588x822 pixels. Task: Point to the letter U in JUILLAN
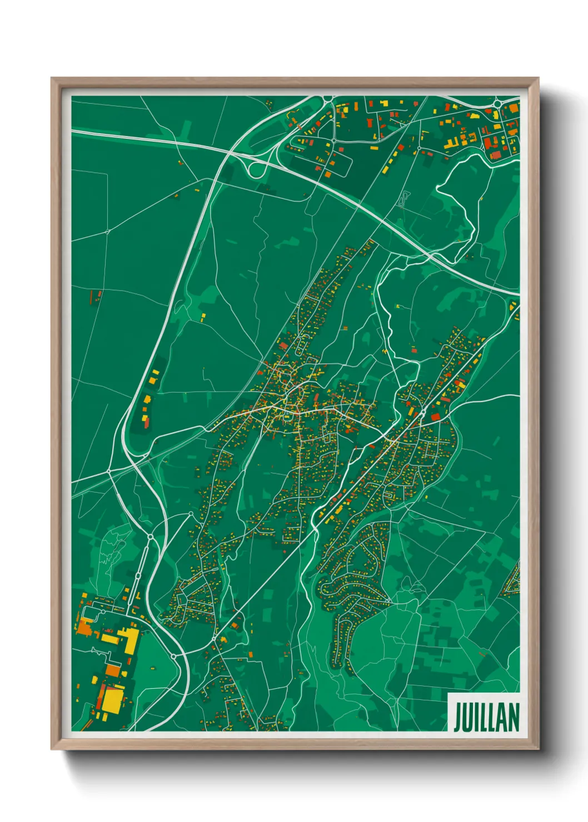(468, 718)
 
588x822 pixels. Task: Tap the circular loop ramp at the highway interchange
(256, 169)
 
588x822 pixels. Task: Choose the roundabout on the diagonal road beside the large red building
(422, 413)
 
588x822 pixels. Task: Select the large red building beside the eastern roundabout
(435, 416)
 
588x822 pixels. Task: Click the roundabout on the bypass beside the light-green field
(173, 656)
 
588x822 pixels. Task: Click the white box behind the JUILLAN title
(484, 712)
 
